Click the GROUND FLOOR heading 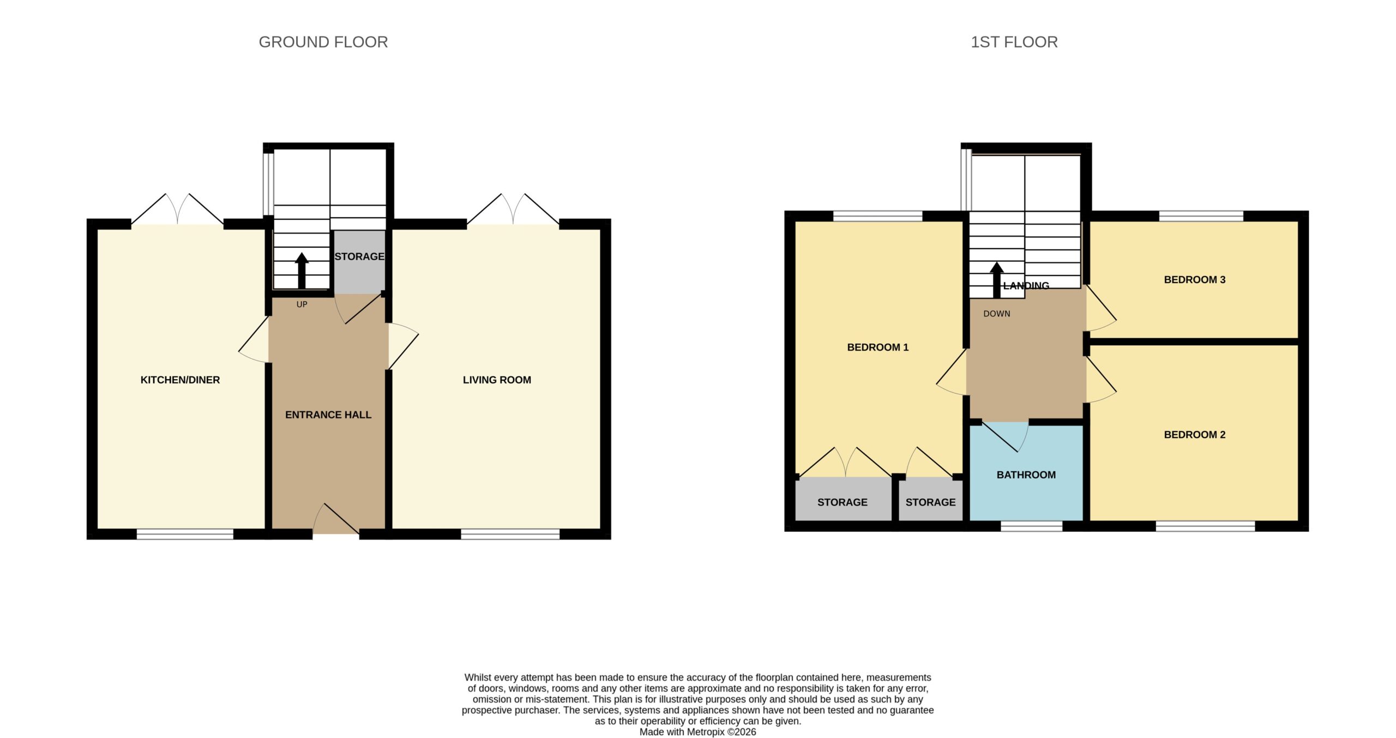tap(323, 42)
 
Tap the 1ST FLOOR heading tap(1014, 42)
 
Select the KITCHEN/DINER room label tap(180, 380)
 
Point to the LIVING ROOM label tap(497, 380)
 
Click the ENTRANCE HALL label tap(328, 415)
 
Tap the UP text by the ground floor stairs tap(302, 304)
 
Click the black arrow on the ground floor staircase tap(302, 271)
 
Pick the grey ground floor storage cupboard tap(359, 262)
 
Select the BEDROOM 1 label tap(877, 347)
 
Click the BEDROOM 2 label tap(1194, 434)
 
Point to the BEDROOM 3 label tap(1194, 279)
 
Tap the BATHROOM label tap(1026, 475)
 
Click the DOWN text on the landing tap(996, 314)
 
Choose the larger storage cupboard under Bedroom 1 tap(843, 499)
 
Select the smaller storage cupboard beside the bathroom tap(930, 499)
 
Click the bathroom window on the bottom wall tap(1031, 526)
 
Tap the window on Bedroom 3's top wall tap(1201, 216)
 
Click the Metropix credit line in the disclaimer tap(697, 732)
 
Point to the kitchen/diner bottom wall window tap(185, 534)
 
